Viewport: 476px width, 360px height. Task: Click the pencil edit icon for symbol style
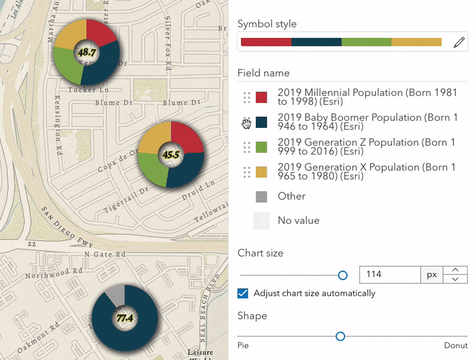tap(459, 42)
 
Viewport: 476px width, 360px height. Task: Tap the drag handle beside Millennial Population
tap(246, 97)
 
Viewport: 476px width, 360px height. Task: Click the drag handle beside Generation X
tap(246, 172)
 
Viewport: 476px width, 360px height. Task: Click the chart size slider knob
tap(343, 275)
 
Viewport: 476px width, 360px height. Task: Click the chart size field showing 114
tap(390, 275)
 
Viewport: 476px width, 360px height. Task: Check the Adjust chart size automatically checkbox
tap(243, 293)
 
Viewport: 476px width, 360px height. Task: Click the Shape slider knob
tap(340, 336)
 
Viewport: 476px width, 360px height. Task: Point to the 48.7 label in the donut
tap(87, 52)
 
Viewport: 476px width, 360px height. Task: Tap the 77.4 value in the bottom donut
tap(124, 318)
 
